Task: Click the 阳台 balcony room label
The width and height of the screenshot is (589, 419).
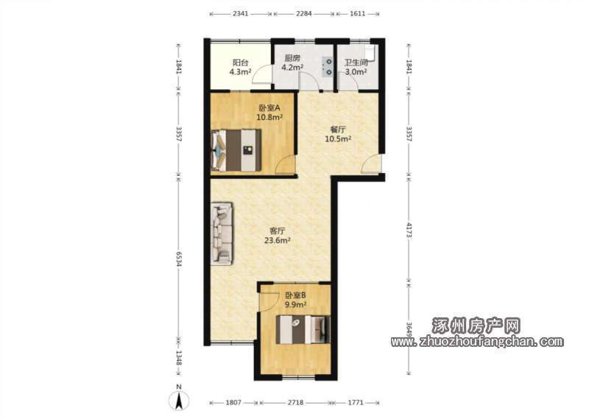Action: click(x=240, y=63)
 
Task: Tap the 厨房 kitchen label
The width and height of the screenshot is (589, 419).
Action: click(x=292, y=58)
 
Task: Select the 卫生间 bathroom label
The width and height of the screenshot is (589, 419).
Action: click(x=356, y=63)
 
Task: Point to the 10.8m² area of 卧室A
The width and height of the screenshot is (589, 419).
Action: click(x=269, y=117)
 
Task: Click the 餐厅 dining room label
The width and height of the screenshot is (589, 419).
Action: click(x=338, y=130)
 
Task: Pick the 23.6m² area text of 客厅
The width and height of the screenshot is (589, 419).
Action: click(x=278, y=241)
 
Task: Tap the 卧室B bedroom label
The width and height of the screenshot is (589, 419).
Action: click(x=295, y=295)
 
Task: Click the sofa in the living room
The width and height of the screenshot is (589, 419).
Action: click(x=222, y=233)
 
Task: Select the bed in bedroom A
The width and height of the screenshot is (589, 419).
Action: click(x=236, y=150)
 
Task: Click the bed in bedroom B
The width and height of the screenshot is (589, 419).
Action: click(x=303, y=330)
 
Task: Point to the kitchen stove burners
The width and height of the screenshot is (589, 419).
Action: click(x=328, y=66)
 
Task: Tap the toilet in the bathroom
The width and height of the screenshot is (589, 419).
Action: click(x=373, y=53)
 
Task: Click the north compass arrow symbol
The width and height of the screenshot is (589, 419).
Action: click(x=179, y=401)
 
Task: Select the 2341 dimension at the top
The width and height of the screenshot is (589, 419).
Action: click(x=241, y=14)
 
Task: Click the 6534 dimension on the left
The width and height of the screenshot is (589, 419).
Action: click(x=179, y=259)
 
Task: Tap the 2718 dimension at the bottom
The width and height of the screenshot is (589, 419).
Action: click(x=296, y=403)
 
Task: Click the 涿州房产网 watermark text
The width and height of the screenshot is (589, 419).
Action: click(x=476, y=325)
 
